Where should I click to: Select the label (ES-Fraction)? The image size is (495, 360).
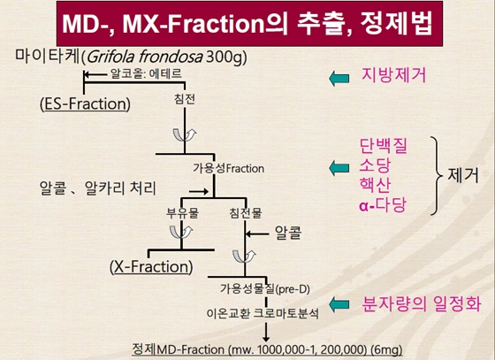[x=85, y=104]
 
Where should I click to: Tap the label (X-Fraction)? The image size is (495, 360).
[x=150, y=266]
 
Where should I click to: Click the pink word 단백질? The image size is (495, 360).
[x=384, y=143]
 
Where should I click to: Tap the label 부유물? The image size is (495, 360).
[x=183, y=212]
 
